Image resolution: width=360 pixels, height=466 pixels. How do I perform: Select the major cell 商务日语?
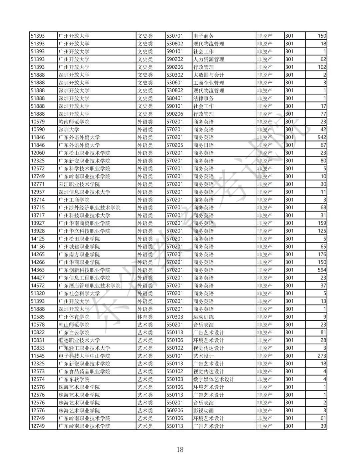(x=203, y=145)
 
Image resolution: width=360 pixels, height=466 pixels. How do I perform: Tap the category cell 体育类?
(x=145, y=317)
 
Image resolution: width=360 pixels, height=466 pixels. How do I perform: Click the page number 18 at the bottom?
(x=180, y=449)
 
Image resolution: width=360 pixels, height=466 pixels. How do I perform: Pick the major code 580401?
(x=175, y=98)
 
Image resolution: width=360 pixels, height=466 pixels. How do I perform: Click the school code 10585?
(x=38, y=317)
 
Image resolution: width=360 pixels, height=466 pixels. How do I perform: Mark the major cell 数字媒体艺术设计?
(x=214, y=379)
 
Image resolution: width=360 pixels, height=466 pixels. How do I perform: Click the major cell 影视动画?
(x=203, y=410)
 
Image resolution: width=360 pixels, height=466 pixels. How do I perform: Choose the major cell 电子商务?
(x=203, y=36)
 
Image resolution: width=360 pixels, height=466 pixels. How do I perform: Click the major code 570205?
(x=175, y=145)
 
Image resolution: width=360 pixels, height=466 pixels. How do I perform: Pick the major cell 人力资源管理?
(x=209, y=59)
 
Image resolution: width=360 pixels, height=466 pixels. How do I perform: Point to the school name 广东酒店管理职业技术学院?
(x=89, y=286)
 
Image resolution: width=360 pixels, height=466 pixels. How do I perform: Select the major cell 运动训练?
(x=203, y=317)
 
